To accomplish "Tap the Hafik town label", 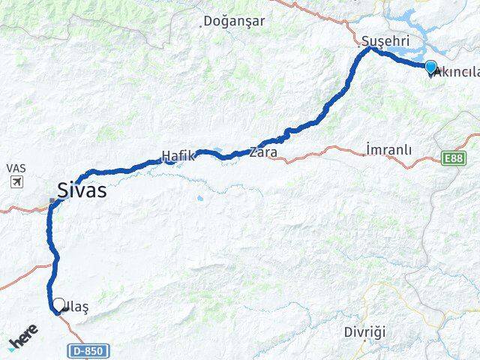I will click(178, 157).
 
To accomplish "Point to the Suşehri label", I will click(382, 40).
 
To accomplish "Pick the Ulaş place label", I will click(79, 307).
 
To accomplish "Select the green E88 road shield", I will click(452, 158).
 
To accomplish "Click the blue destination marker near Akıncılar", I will click(430, 67).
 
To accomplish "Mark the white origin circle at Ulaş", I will click(58, 304).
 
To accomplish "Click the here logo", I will click(22, 337).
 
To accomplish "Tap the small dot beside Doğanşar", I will click(201, 25).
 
